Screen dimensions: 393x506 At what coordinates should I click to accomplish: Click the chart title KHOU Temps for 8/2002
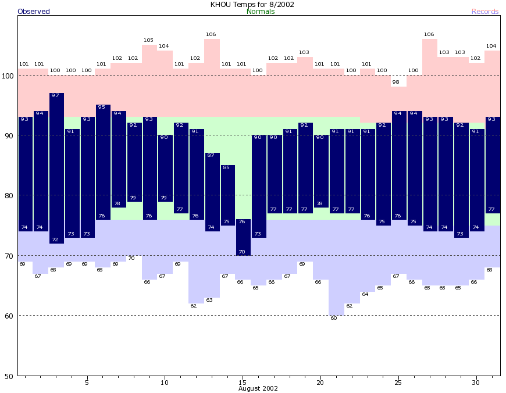coord(252,4)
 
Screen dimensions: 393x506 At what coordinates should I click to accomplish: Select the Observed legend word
coord(34,12)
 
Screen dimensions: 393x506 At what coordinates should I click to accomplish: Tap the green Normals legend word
coord(261,12)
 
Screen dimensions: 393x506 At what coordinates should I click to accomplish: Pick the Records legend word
coord(485,12)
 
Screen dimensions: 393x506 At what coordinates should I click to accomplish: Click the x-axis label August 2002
coord(258,388)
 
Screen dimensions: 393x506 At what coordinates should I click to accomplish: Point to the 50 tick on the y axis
coord(9,376)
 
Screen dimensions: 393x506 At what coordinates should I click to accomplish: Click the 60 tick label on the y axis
coord(9,316)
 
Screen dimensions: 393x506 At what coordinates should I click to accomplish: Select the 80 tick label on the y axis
coord(9,195)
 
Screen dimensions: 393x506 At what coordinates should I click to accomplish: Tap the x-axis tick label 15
coord(243,382)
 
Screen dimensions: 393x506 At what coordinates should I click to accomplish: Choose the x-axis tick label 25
coord(398,382)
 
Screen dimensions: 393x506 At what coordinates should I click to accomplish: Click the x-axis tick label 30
coord(476,382)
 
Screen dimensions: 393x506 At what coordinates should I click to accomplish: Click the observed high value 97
coord(56,95)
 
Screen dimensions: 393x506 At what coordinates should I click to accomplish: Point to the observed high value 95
coord(102,107)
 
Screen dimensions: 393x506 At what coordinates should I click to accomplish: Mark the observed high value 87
coord(211,155)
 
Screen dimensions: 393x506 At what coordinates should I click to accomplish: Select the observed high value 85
coord(226,167)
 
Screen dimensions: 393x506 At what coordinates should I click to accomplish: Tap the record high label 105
coord(148,40)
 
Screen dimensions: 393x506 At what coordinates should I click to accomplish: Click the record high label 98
coord(398,82)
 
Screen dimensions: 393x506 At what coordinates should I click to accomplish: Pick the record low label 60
coord(334,318)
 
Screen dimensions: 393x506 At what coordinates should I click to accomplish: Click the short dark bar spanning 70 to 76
coord(243,237)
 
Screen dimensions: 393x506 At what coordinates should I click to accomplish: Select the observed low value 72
coord(56,240)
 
